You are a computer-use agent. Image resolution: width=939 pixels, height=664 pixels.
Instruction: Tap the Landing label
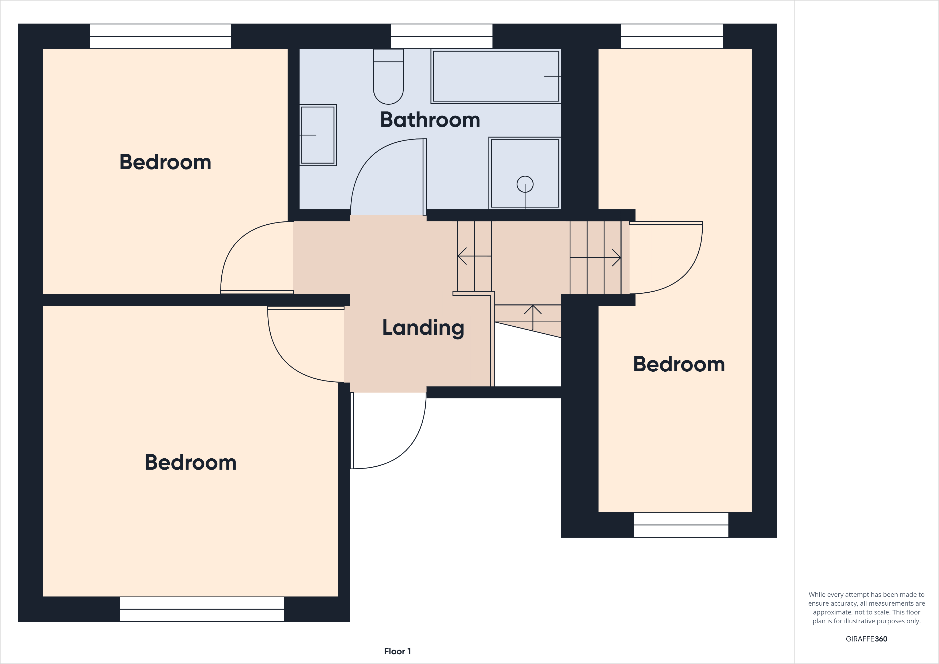423,328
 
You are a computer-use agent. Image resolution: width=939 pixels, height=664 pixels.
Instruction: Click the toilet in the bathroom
388,78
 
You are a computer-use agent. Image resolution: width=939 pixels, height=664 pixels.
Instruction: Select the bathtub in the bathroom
496,76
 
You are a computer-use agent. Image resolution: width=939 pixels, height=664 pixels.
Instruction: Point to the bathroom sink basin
318,135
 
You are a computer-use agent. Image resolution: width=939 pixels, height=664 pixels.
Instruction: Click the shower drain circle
525,184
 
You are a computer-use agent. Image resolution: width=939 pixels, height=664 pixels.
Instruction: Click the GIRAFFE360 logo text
866,639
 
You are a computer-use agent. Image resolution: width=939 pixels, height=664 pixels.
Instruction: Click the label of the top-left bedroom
165,162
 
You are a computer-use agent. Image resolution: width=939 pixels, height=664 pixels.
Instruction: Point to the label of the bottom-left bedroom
191,462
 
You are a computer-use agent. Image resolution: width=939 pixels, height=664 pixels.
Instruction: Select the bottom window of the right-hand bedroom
681,525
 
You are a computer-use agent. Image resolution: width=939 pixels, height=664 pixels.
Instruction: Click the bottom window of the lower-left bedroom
202,609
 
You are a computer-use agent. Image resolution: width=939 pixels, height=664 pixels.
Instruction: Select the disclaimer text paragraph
866,608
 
